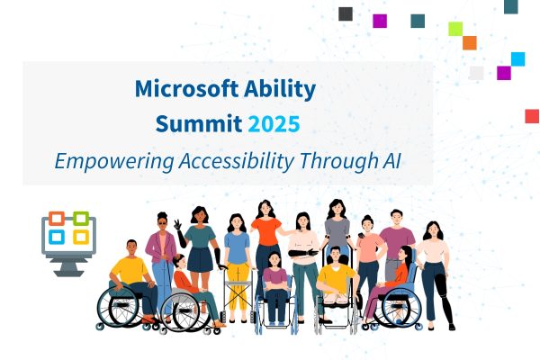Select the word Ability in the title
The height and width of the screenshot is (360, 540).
point(286,88)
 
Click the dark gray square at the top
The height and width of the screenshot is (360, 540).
point(346,13)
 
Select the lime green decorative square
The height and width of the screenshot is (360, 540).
point(455,28)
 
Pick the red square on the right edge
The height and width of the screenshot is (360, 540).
point(532,115)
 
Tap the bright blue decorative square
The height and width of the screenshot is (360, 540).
point(517,59)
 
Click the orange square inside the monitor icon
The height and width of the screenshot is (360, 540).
point(57,219)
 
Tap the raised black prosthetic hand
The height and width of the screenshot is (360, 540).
point(180,220)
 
